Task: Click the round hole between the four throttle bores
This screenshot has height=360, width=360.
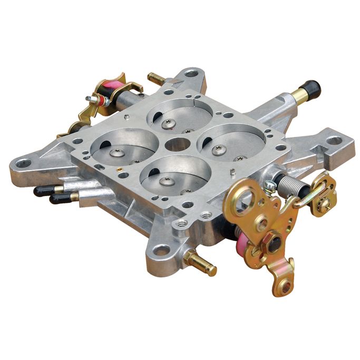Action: [x=178, y=144]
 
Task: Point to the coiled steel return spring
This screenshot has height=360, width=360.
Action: [x=291, y=185]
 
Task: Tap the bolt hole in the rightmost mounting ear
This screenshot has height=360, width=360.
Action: [x=334, y=141]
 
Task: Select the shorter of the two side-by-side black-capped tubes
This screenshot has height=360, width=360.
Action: [x=62, y=198]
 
